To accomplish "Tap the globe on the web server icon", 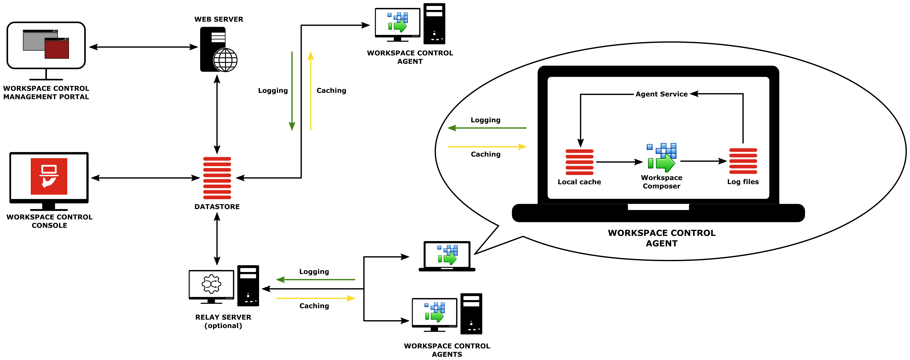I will coord(225,60).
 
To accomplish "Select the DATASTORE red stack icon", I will coord(217,178).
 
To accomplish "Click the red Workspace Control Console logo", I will coord(49,176).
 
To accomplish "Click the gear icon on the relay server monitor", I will coord(211,284).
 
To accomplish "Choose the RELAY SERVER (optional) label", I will coord(223,321).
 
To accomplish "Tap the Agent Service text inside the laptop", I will coord(661,94).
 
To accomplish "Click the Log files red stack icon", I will coord(743,161).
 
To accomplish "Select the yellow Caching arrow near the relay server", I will coord(315,298).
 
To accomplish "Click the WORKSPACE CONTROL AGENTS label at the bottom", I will coord(447,350).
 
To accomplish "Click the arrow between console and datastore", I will coord(145,178).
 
